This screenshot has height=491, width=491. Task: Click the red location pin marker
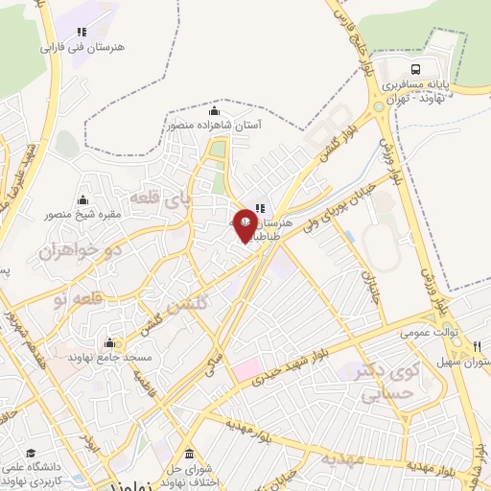245,225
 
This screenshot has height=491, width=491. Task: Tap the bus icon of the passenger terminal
415,69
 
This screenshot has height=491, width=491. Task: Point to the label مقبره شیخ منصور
82,215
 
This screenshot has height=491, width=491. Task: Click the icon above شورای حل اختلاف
188,453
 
